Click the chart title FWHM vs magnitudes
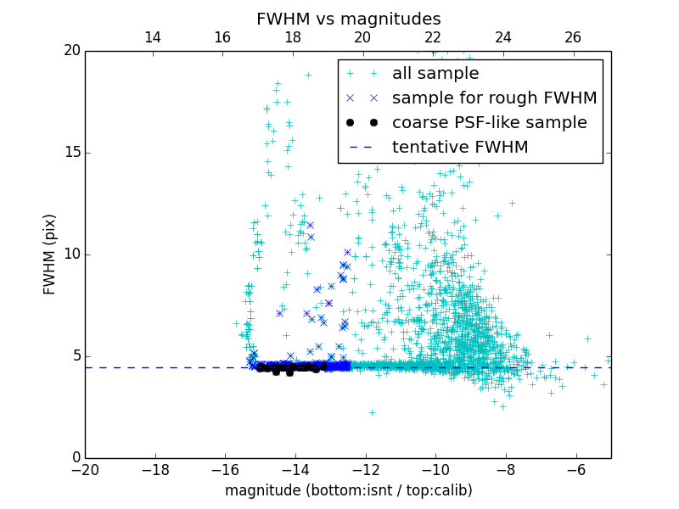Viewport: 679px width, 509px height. (x=348, y=19)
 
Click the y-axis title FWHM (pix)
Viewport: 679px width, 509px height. (x=50, y=254)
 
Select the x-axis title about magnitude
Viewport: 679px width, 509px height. (x=348, y=490)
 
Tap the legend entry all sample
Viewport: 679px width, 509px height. (x=435, y=74)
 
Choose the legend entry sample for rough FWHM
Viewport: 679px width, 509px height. (x=494, y=98)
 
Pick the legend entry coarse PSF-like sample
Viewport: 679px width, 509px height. (x=489, y=123)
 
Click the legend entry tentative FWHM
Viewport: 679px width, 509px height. (x=460, y=148)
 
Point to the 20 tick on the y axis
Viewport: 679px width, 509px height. (x=70, y=51)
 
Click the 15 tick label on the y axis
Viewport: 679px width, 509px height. (x=70, y=153)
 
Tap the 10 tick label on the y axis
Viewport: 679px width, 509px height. (x=70, y=255)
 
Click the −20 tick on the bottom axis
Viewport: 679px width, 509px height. (x=85, y=469)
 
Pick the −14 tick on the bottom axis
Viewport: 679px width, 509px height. (x=295, y=469)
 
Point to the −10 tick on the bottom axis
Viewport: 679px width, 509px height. (x=435, y=469)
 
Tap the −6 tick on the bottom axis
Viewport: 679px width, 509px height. (x=575, y=469)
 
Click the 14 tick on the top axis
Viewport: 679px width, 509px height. (x=153, y=37)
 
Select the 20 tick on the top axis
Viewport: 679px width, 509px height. (x=362, y=37)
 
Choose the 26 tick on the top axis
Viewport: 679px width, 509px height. (x=573, y=37)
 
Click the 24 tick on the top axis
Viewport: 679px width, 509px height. (x=502, y=37)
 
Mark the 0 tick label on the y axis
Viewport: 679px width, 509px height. (x=75, y=458)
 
